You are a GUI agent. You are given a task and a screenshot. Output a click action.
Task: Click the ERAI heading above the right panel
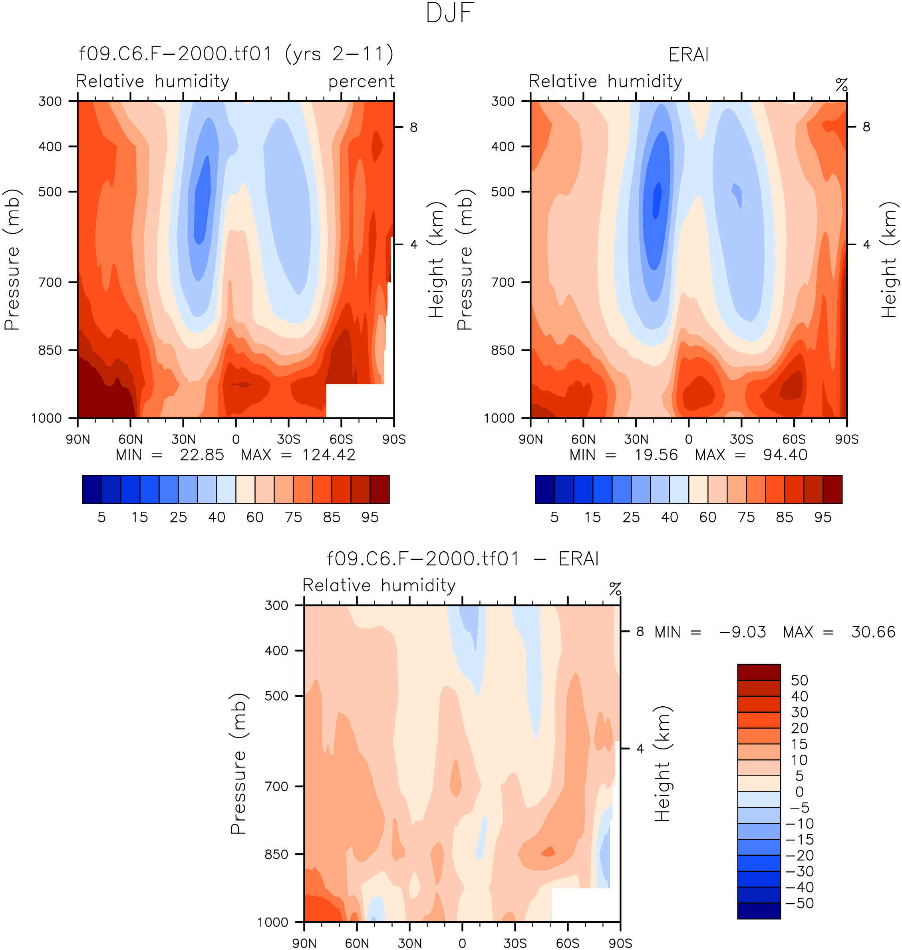coord(689,55)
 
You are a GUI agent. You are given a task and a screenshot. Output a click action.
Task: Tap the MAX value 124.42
coord(329,455)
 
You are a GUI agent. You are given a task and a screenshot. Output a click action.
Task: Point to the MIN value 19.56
coord(656,455)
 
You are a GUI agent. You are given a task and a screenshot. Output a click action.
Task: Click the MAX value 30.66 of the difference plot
coord(873,632)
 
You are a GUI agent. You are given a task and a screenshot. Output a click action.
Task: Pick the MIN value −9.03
coord(743,632)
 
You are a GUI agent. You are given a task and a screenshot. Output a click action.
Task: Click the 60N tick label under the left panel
coord(131,439)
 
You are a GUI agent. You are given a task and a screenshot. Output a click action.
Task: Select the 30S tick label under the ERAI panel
coord(741,439)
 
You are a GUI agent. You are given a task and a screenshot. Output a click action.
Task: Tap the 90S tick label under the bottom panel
coord(620,943)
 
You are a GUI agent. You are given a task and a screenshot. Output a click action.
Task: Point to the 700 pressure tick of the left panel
coord(50,282)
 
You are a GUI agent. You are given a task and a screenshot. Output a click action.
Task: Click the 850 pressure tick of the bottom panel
coord(276,855)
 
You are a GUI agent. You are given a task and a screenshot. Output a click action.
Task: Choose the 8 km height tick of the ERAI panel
coord(866,127)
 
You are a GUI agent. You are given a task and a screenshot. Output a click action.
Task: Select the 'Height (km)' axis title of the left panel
coord(435,260)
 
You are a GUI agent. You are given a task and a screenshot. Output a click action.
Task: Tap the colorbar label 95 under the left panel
coord(370,517)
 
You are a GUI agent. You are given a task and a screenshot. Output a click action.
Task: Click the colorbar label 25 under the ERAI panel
coord(631,517)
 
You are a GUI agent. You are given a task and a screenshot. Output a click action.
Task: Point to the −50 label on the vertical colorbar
coord(799,903)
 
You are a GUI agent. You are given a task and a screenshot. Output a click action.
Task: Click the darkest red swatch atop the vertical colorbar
coord(759,672)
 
